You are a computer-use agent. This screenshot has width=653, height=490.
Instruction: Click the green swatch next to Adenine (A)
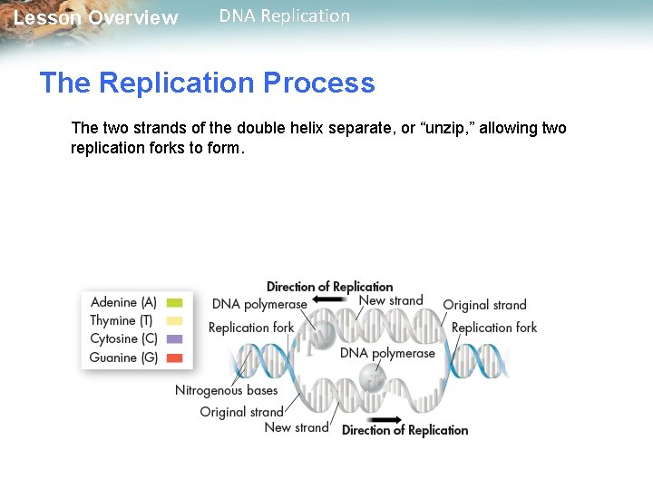(x=175, y=302)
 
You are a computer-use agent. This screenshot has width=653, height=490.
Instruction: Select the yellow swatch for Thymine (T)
(x=175, y=320)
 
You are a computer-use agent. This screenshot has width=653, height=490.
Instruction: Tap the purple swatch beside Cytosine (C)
(x=175, y=338)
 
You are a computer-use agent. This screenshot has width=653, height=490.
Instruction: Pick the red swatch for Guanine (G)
(x=175, y=358)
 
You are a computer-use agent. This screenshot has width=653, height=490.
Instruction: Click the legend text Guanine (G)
(x=123, y=358)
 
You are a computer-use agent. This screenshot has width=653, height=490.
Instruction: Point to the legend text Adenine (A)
(x=123, y=302)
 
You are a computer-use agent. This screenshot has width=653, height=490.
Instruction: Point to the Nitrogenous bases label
(x=226, y=390)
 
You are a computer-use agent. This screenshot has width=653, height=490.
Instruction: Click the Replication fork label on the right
(x=493, y=328)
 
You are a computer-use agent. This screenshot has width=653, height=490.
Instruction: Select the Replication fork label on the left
(x=251, y=328)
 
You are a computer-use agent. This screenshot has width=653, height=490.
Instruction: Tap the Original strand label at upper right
(x=484, y=305)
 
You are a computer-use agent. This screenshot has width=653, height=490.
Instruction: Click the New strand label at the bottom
(x=296, y=427)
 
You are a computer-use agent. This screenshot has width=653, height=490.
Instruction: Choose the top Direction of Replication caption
(x=329, y=287)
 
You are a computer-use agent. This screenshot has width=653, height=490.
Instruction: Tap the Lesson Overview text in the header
(x=96, y=18)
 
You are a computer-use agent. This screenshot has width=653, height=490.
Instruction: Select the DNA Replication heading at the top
(x=284, y=16)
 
